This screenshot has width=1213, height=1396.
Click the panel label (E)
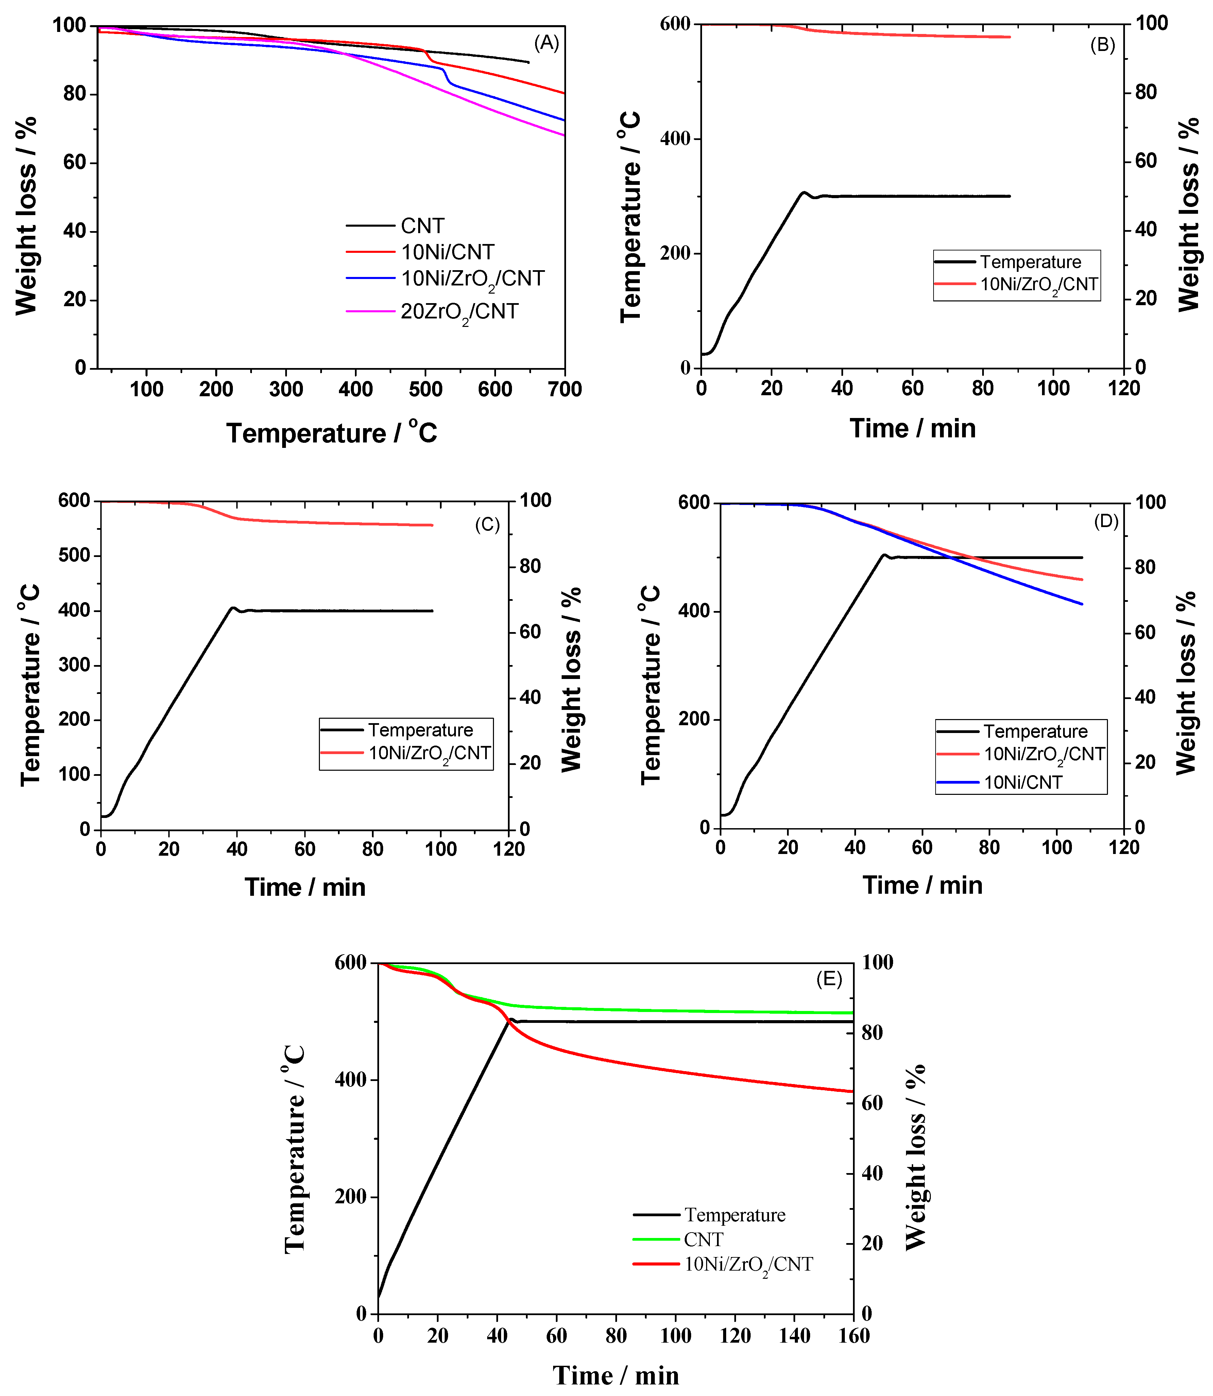pos(828,979)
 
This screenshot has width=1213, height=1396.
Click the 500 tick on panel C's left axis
pos(74,556)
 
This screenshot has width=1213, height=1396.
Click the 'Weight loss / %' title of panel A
pos(26,215)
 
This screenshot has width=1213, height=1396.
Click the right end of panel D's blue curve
pos(1082,604)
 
